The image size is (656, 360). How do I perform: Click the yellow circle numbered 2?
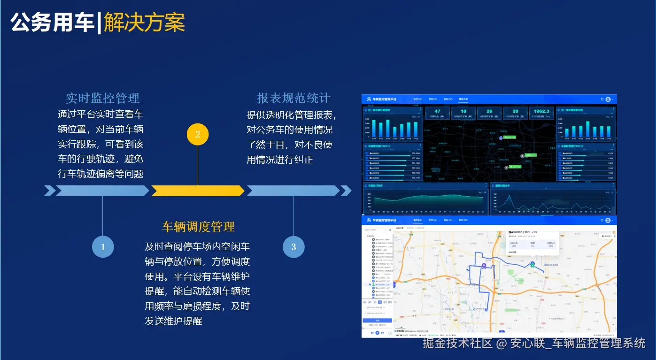point(198,134)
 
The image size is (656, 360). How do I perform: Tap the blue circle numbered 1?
point(103,247)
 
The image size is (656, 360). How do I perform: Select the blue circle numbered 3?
point(293,247)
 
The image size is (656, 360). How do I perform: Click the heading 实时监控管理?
point(102,98)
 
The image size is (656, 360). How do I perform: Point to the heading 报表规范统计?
point(293,98)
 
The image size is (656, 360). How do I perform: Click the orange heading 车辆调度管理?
point(198,227)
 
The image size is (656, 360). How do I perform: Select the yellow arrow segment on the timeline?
point(197,191)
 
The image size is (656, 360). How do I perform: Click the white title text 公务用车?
point(53,23)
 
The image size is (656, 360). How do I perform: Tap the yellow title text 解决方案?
point(144,23)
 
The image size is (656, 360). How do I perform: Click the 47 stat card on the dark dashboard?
point(437,113)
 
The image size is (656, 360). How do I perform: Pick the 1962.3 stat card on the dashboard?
point(541,113)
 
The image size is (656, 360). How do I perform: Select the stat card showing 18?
point(463,113)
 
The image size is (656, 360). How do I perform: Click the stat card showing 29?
point(489,113)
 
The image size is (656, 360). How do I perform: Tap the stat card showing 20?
point(515,113)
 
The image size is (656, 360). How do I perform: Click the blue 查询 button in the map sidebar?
point(377,321)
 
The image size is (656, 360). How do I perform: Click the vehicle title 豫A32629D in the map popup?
point(518,232)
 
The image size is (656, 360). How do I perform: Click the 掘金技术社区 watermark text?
point(457,343)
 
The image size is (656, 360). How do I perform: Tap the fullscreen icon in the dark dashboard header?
point(602,100)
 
